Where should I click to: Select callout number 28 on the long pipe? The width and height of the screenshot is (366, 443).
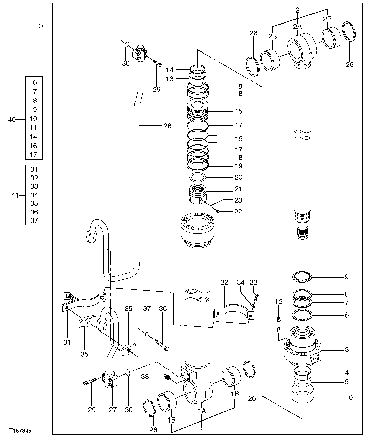[167, 126]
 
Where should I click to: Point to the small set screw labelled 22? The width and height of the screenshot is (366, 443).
[218, 211]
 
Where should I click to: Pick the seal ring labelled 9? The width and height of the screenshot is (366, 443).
[303, 277]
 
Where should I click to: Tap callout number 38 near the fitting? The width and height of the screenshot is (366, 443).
[145, 376]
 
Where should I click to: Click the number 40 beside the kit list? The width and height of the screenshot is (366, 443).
[12, 119]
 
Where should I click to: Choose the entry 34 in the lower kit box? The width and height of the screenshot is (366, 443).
[34, 195]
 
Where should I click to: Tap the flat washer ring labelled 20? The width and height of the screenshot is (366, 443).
[197, 178]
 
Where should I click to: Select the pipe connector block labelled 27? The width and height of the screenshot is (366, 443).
[111, 382]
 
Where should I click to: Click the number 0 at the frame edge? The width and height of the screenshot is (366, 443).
[41, 26]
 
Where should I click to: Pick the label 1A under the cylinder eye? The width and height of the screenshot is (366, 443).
[202, 411]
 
